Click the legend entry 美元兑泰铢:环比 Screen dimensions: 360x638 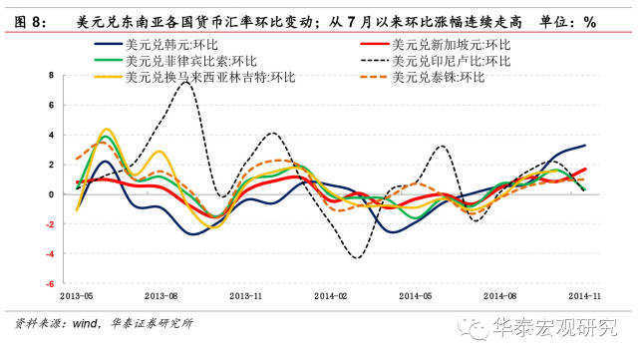tap(439, 78)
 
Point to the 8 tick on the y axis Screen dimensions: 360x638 tap(51, 76)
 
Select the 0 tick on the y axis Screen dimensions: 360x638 tap(51, 194)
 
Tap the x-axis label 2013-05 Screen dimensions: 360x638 tap(76, 296)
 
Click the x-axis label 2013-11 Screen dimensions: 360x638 tap(246, 296)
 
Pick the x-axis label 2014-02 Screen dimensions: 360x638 tap(331, 296)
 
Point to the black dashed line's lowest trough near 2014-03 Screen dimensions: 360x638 tap(355, 259)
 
